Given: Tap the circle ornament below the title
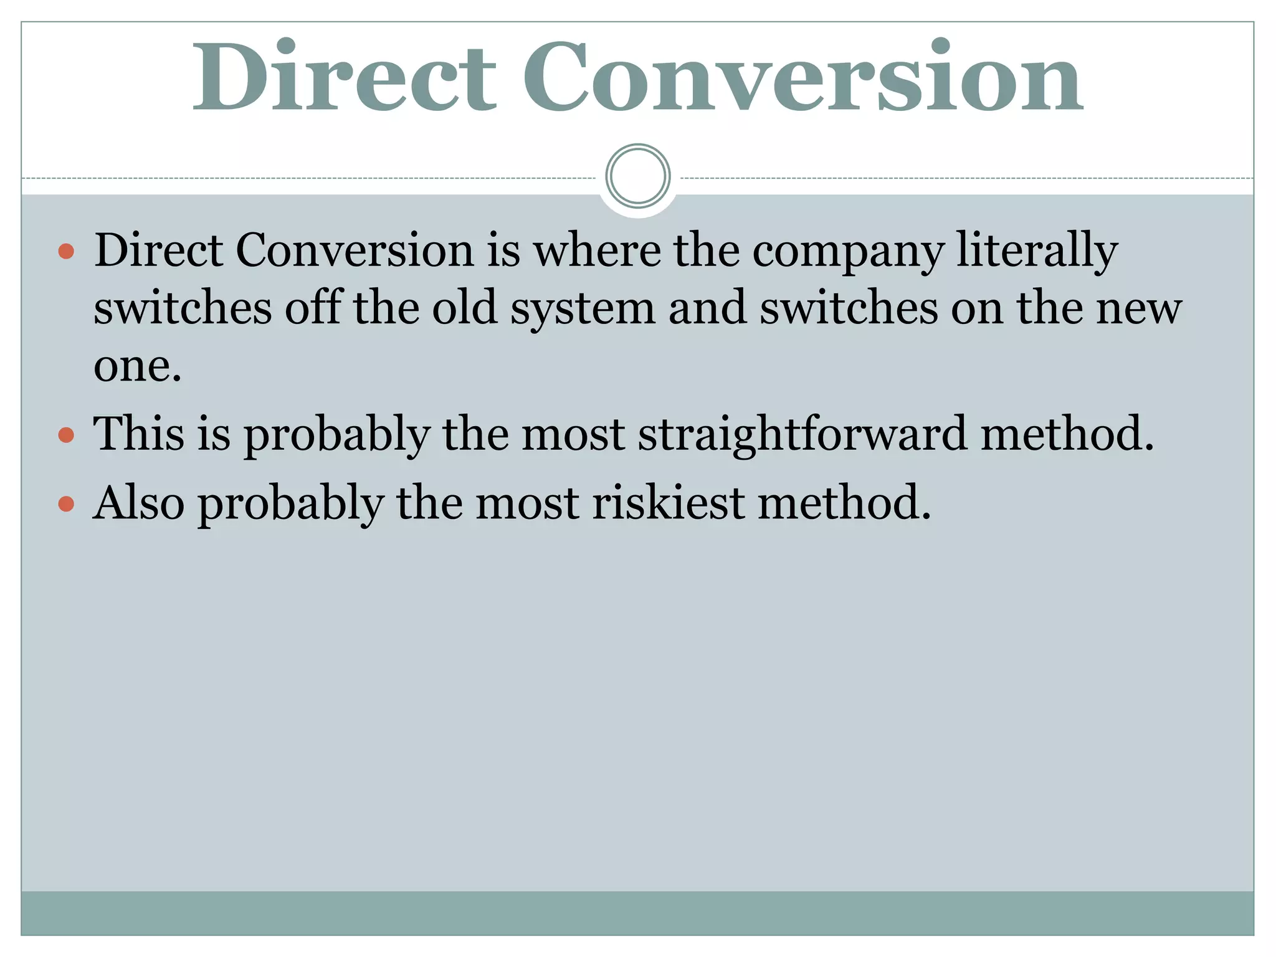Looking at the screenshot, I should point(637,176).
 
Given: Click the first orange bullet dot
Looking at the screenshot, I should point(66,252).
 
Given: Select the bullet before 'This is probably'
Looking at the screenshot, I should point(66,434).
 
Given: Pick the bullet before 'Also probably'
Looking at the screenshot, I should point(66,503).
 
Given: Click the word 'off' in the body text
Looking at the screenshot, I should point(313,308).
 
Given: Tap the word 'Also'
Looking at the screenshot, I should point(139,503).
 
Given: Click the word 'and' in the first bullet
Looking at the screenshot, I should point(707,308).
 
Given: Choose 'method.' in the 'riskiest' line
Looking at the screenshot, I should point(844,503).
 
